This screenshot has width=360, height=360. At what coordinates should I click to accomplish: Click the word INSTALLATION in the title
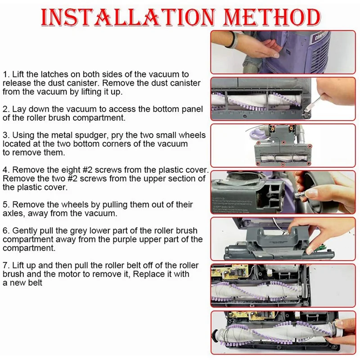[x=128, y=17]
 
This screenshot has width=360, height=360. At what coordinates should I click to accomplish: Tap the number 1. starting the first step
[x=6, y=74]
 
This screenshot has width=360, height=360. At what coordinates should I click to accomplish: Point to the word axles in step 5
[x=14, y=213]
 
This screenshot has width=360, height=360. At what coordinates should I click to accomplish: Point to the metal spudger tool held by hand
[x=314, y=103]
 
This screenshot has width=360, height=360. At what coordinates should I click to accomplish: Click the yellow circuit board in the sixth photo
[x=229, y=272]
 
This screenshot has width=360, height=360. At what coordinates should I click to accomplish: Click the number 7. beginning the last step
[x=6, y=265]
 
